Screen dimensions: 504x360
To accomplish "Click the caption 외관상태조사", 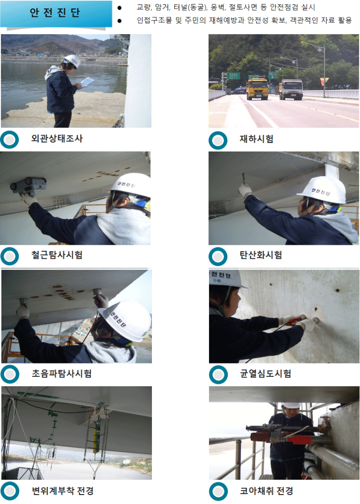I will (57, 139).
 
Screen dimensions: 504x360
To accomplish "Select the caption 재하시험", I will (256, 139).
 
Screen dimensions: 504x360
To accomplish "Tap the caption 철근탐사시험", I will (57, 255).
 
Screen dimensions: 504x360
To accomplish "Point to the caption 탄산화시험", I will (261, 255).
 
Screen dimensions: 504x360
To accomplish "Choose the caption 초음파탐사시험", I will (61, 373).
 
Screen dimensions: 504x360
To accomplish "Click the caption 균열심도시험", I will (265, 373).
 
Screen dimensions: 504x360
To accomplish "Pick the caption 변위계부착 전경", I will (62, 491).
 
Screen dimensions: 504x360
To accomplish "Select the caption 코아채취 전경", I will (266, 491).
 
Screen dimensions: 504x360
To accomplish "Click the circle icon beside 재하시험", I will (218, 141).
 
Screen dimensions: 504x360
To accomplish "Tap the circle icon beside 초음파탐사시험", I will (10, 374).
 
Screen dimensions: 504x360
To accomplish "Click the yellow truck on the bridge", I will (257, 88).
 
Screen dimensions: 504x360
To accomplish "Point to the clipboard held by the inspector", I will (87, 82).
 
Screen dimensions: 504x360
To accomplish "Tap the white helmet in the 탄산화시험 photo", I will (322, 190).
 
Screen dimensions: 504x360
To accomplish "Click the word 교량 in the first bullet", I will (144, 7).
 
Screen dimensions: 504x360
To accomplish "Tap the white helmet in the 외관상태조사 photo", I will (72, 61).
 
